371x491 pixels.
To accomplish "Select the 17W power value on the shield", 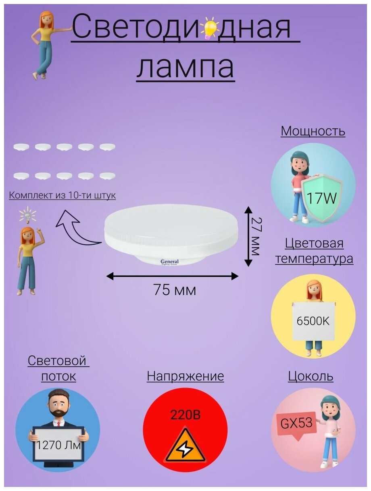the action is point(321,198).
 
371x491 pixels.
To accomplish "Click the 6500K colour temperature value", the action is point(313,321).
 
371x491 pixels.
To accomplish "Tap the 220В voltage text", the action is point(185,415).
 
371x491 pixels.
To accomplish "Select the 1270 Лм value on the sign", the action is point(58,446).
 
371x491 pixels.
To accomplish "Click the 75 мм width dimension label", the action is point(175,290).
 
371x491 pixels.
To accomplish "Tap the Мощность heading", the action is point(313,131).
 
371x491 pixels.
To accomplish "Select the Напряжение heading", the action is point(185,376).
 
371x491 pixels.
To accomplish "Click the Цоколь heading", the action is point(311,376).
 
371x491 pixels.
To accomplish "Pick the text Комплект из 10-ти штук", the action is point(63,196).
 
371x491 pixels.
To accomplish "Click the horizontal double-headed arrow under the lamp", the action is point(172,276).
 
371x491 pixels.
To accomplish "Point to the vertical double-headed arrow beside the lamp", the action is point(248,236).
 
